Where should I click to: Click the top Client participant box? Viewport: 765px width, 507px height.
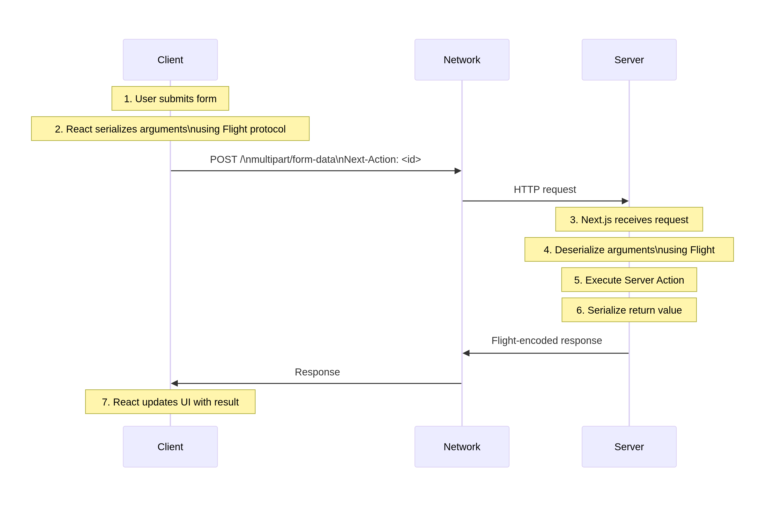(x=170, y=60)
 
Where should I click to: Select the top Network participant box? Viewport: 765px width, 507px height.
(x=462, y=60)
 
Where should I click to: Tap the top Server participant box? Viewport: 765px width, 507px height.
(x=629, y=60)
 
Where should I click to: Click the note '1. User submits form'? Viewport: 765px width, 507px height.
(x=170, y=98)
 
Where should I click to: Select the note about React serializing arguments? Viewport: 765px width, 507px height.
(x=170, y=129)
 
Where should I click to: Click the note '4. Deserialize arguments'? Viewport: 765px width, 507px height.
(x=629, y=249)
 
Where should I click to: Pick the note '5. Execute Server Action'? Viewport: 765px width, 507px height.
(x=629, y=280)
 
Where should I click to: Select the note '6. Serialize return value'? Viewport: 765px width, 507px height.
(x=629, y=310)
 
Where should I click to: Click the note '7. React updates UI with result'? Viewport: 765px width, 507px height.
(x=170, y=402)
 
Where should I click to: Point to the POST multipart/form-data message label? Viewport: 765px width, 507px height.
(x=315, y=159)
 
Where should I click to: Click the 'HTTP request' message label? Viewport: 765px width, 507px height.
(x=544, y=190)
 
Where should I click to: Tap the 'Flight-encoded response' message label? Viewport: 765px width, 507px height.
(x=546, y=341)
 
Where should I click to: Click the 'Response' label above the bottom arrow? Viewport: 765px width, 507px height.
(x=317, y=372)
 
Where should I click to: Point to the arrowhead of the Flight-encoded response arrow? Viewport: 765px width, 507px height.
(x=466, y=353)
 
